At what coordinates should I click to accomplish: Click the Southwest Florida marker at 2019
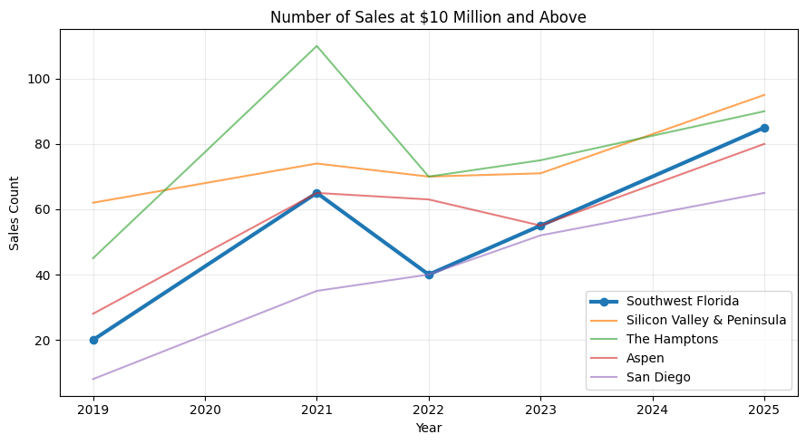tap(93, 340)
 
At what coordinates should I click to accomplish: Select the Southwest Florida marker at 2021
tap(316, 193)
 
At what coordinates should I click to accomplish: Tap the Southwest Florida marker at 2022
tap(429, 275)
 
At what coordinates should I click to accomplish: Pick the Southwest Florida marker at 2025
tap(764, 128)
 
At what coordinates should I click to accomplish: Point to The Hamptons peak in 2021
tap(316, 46)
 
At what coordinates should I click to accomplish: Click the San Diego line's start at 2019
tap(93, 379)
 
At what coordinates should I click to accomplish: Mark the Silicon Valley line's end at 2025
tap(764, 95)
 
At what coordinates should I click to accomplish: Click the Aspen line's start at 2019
tap(93, 314)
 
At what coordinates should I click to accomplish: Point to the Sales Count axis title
tap(15, 213)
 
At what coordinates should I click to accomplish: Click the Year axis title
tap(429, 428)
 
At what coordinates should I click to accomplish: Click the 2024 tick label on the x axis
tap(653, 410)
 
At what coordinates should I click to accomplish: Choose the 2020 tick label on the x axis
tap(205, 410)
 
